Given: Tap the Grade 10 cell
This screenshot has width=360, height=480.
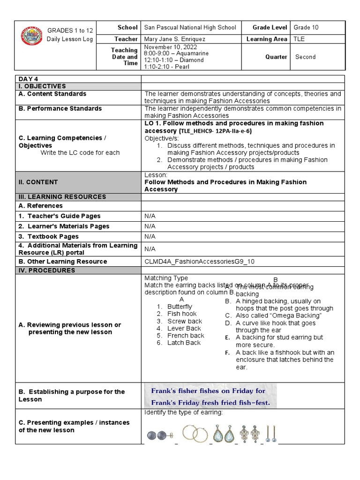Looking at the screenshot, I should pyautogui.click(x=306, y=28).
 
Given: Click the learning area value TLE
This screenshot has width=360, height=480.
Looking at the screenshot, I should pyautogui.click(x=299, y=39).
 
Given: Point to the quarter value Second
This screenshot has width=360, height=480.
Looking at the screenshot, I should pyautogui.click(x=305, y=57).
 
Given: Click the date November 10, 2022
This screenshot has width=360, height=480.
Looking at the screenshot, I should pyautogui.click(x=170, y=47).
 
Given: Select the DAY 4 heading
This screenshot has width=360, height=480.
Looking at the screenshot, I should pyautogui.click(x=29, y=79).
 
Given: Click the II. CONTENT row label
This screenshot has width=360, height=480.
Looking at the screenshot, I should pyautogui.click(x=38, y=182).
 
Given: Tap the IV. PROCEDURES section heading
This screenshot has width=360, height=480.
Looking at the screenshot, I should pyautogui.click(x=47, y=270).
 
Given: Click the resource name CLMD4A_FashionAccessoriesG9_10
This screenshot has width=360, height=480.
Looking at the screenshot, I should pyautogui.click(x=200, y=262).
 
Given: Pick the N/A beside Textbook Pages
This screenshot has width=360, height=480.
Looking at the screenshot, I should pyautogui.click(x=150, y=237).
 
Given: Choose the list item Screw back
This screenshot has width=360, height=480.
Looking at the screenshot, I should pyautogui.click(x=185, y=321).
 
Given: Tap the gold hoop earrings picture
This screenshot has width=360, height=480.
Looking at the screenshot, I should pyautogui.click(x=194, y=433).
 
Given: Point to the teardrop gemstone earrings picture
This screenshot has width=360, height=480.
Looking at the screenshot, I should pyautogui.click(x=224, y=433).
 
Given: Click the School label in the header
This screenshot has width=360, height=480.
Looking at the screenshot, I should pyautogui.click(x=128, y=28).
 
